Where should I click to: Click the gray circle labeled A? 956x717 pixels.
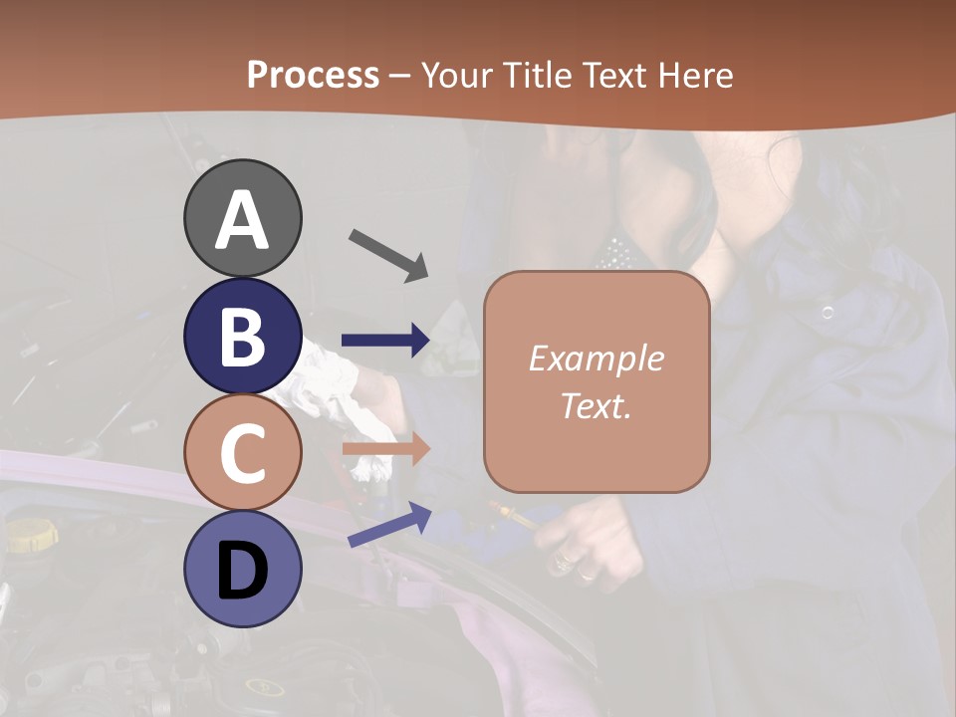click(x=242, y=218)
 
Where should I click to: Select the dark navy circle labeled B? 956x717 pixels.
click(x=242, y=336)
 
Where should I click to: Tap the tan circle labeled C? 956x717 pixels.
click(x=242, y=453)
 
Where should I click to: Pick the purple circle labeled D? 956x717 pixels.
click(x=242, y=569)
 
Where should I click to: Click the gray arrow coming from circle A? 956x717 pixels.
click(x=388, y=253)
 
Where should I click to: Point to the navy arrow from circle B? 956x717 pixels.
click(x=385, y=341)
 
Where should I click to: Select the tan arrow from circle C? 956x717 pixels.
click(x=385, y=448)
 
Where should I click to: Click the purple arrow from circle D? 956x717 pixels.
click(x=389, y=525)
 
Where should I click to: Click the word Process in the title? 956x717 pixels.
click(x=313, y=75)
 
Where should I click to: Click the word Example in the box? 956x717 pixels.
click(x=596, y=358)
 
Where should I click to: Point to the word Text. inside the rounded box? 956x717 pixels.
click(x=596, y=405)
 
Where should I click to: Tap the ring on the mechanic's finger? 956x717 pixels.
click(x=588, y=574)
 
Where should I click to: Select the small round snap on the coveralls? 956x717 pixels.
click(x=827, y=313)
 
